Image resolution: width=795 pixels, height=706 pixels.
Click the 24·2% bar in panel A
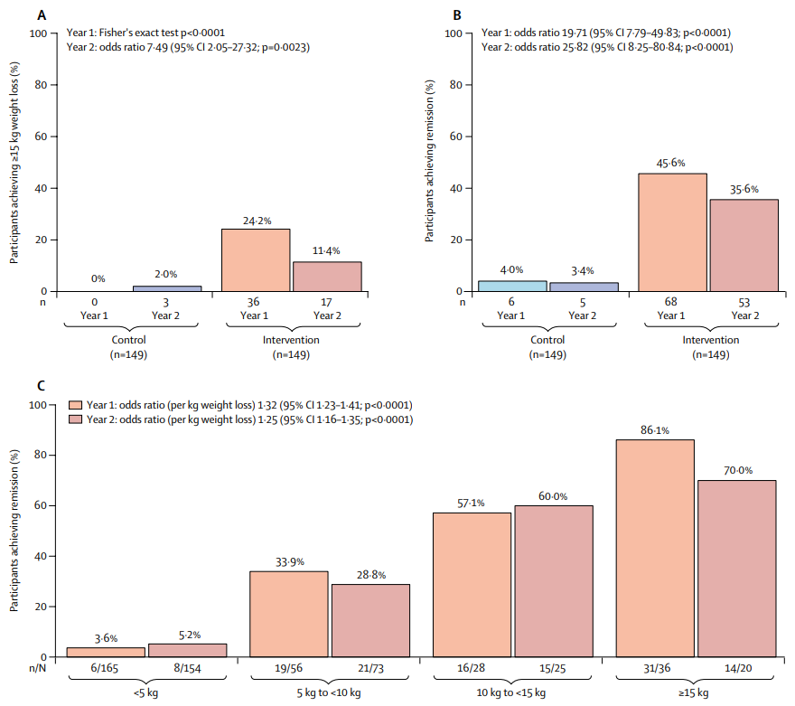256,260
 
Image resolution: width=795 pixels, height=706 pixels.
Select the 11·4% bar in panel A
326,277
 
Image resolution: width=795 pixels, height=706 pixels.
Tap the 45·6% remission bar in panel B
672,232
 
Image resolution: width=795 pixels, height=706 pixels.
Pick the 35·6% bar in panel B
743,245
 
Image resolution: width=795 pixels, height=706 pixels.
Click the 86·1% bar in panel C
655,548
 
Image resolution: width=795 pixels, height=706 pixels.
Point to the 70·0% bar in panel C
737,569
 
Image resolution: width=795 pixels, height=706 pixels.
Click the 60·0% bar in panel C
553,581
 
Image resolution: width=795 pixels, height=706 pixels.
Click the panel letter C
42,386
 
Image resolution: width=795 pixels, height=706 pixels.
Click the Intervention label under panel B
707,340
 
